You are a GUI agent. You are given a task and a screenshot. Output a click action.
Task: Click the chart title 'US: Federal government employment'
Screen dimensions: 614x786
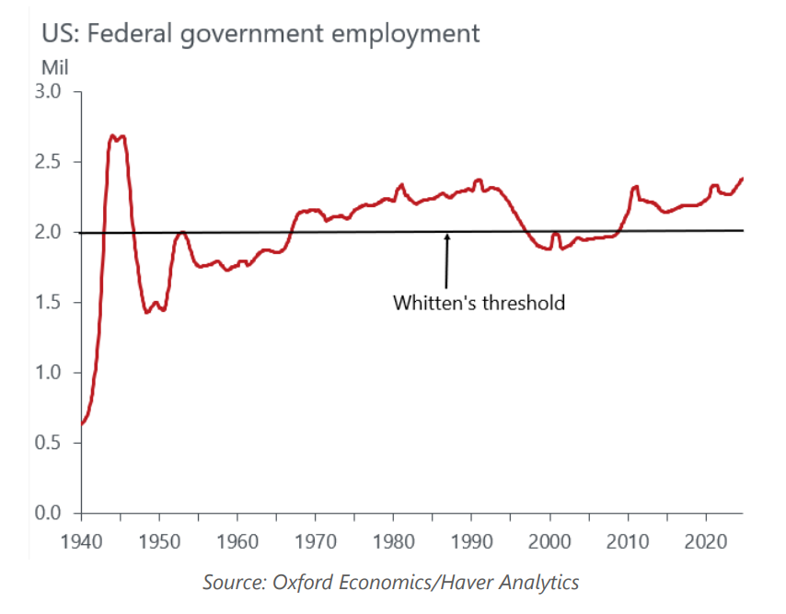[260, 34]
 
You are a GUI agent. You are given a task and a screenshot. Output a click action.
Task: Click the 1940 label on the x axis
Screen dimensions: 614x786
[82, 538]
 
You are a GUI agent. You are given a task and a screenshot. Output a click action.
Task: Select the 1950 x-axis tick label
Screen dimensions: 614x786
[159, 538]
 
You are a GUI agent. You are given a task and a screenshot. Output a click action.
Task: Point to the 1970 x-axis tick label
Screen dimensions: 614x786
[316, 538]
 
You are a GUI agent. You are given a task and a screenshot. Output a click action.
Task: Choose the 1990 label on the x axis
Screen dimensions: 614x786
[472, 538]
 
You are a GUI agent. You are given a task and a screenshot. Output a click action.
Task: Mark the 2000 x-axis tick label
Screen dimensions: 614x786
[550, 538]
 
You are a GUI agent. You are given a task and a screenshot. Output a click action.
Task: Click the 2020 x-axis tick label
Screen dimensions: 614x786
[706, 538]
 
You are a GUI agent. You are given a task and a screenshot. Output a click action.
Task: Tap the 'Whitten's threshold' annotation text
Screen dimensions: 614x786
[479, 302]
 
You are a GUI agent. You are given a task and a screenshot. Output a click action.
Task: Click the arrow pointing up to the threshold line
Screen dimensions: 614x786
[447, 262]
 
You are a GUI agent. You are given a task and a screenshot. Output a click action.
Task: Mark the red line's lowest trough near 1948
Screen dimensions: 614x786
[146, 312]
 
